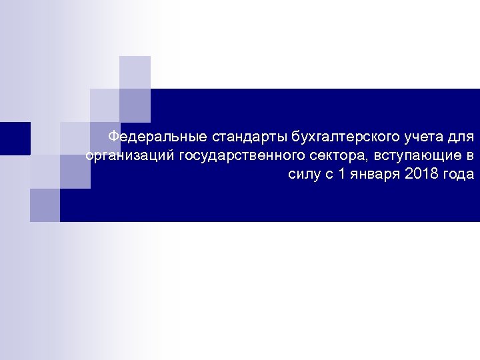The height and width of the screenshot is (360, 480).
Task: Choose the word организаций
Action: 129,157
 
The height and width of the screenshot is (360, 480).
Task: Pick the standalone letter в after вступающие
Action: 471,157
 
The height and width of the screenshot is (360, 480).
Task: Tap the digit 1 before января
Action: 342,175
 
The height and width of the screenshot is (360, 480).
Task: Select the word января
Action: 375,175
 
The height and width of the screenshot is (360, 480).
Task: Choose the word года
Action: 459,175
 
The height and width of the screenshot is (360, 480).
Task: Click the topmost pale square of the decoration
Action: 135,71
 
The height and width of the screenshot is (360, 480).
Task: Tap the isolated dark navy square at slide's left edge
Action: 14,138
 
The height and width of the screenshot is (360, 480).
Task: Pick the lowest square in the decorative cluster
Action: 45,205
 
